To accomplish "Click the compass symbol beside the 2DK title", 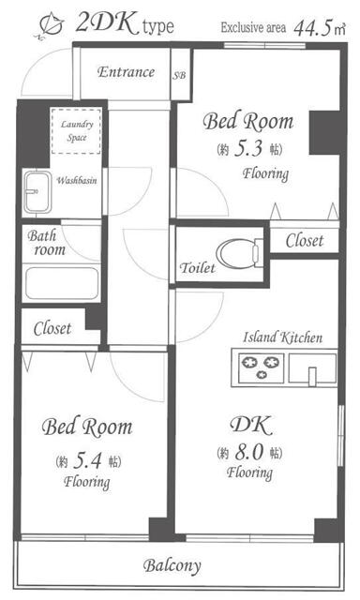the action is (x=51, y=26).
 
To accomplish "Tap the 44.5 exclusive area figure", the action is (x=312, y=28).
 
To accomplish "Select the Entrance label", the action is (x=126, y=72).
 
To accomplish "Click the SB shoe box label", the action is (x=179, y=75).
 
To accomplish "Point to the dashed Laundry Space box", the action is (x=76, y=131).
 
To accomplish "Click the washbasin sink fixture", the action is (x=37, y=191).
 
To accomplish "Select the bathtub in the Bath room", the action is (x=62, y=283).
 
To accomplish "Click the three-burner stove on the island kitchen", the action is (x=261, y=367).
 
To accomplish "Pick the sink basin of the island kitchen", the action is (x=312, y=368).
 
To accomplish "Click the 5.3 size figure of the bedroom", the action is (x=247, y=148).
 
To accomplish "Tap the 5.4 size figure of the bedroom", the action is (x=87, y=460).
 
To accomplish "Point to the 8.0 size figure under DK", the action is (x=249, y=452).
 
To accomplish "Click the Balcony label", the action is (x=172, y=565).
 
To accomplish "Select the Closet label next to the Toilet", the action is (x=305, y=240).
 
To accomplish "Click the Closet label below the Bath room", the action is (x=52, y=328).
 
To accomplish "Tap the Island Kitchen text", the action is (x=283, y=337).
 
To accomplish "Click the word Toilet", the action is (x=198, y=268).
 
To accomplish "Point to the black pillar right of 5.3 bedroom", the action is (x=324, y=133).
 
